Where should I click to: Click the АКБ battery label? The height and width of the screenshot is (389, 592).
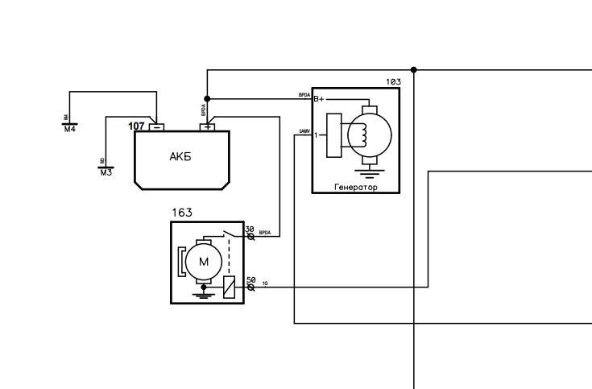[x=180, y=157]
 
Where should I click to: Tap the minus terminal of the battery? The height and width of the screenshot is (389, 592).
[x=158, y=127]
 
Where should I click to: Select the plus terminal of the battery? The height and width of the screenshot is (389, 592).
[x=208, y=127]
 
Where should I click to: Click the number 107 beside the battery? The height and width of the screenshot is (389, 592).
[x=136, y=126]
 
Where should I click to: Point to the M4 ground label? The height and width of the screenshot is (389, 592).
[x=69, y=130]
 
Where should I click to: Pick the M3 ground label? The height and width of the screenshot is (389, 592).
[x=106, y=172]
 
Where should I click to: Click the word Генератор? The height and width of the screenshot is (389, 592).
[x=355, y=188]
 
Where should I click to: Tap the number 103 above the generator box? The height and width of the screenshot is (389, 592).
[x=393, y=82]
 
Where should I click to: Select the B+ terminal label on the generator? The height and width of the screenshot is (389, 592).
[x=319, y=99]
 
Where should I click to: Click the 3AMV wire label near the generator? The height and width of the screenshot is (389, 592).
[x=304, y=130]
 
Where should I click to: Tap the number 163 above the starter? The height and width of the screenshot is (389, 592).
[x=182, y=213]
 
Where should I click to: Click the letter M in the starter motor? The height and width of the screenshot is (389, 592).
[x=204, y=261]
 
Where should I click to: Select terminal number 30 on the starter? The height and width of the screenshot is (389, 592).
[x=250, y=230]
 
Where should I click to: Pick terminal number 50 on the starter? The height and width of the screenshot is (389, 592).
[x=250, y=280]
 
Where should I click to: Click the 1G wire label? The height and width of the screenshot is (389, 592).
[x=265, y=283]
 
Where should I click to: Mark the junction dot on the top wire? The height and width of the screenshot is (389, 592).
[x=414, y=70]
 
